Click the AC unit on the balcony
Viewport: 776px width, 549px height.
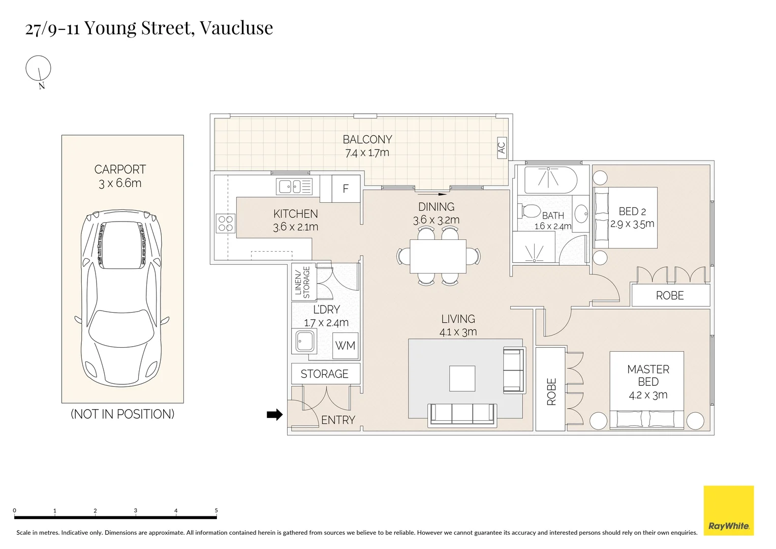point(502,148)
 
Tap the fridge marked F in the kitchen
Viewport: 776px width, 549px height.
point(346,189)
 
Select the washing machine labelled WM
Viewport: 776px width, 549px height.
point(346,346)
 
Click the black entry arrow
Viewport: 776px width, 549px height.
point(275,414)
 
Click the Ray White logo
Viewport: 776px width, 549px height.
point(729,510)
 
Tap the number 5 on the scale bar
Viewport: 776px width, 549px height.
point(216,510)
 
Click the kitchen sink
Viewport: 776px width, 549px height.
point(294,187)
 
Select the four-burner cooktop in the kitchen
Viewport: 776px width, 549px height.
point(226,223)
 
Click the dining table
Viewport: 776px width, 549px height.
point(438,256)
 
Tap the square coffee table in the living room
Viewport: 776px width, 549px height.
point(462,378)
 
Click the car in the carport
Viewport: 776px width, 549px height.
point(121,298)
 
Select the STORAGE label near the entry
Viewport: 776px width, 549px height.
point(324,374)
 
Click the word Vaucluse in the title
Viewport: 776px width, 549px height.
point(236,28)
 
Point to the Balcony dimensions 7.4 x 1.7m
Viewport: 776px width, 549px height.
point(367,153)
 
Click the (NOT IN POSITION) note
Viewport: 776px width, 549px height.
point(122,414)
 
